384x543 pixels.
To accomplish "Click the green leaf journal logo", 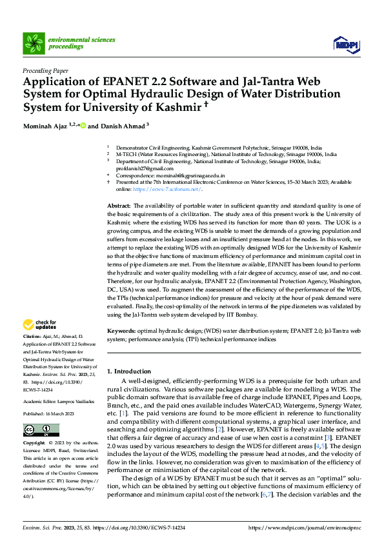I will point(33,43).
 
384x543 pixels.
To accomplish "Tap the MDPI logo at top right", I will point(345,44).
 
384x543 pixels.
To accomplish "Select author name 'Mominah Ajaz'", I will point(46,126).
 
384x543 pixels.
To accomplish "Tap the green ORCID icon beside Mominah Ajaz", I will point(83,126).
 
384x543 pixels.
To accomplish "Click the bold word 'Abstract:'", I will point(119,204).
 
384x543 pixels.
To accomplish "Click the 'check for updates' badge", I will point(41,324).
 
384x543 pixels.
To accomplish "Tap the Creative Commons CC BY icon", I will point(41,430).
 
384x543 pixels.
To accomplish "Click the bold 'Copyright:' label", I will point(34,444).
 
